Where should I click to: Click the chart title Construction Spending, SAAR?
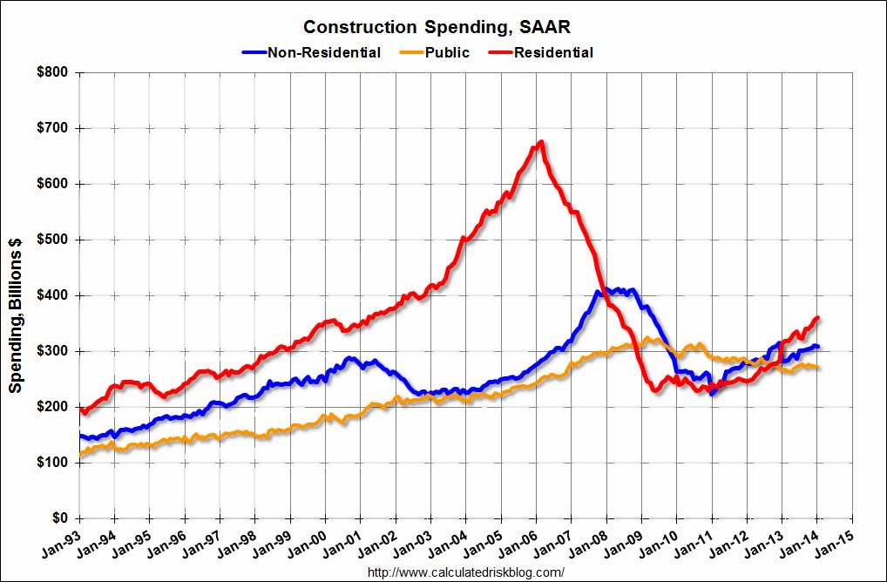click(443, 26)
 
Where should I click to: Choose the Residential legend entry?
click(553, 52)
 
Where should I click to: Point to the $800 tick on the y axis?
click(51, 72)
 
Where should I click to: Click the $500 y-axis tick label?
click(51, 240)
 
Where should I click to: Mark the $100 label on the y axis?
click(51, 463)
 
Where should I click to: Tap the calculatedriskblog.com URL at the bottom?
click(466, 572)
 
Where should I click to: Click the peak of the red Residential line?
click(541, 142)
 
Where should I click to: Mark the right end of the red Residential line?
click(818, 318)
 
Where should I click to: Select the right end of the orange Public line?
click(817, 367)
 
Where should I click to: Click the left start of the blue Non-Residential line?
click(79, 435)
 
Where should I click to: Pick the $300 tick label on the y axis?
click(51, 351)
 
